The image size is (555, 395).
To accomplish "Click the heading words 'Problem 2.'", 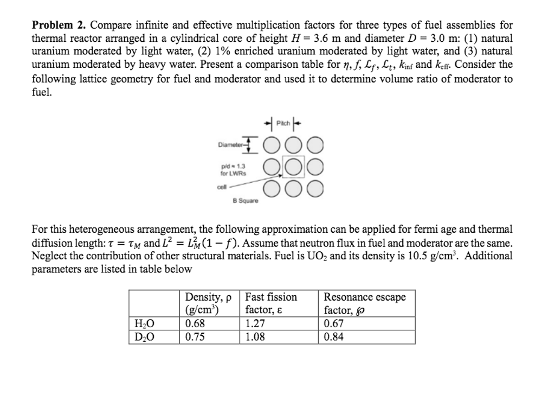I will click(x=60, y=26).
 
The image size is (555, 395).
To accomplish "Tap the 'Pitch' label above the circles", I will click(x=283, y=123).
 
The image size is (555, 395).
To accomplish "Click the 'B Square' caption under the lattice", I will click(x=245, y=201).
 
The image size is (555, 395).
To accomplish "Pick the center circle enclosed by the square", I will click(x=293, y=167).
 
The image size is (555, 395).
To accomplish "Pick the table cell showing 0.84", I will click(x=333, y=337).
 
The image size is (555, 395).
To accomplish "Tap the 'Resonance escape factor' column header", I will click(x=364, y=304).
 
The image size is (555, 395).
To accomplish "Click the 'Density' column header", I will click(x=208, y=304).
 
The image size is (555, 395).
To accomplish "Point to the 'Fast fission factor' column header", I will click(x=271, y=304).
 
